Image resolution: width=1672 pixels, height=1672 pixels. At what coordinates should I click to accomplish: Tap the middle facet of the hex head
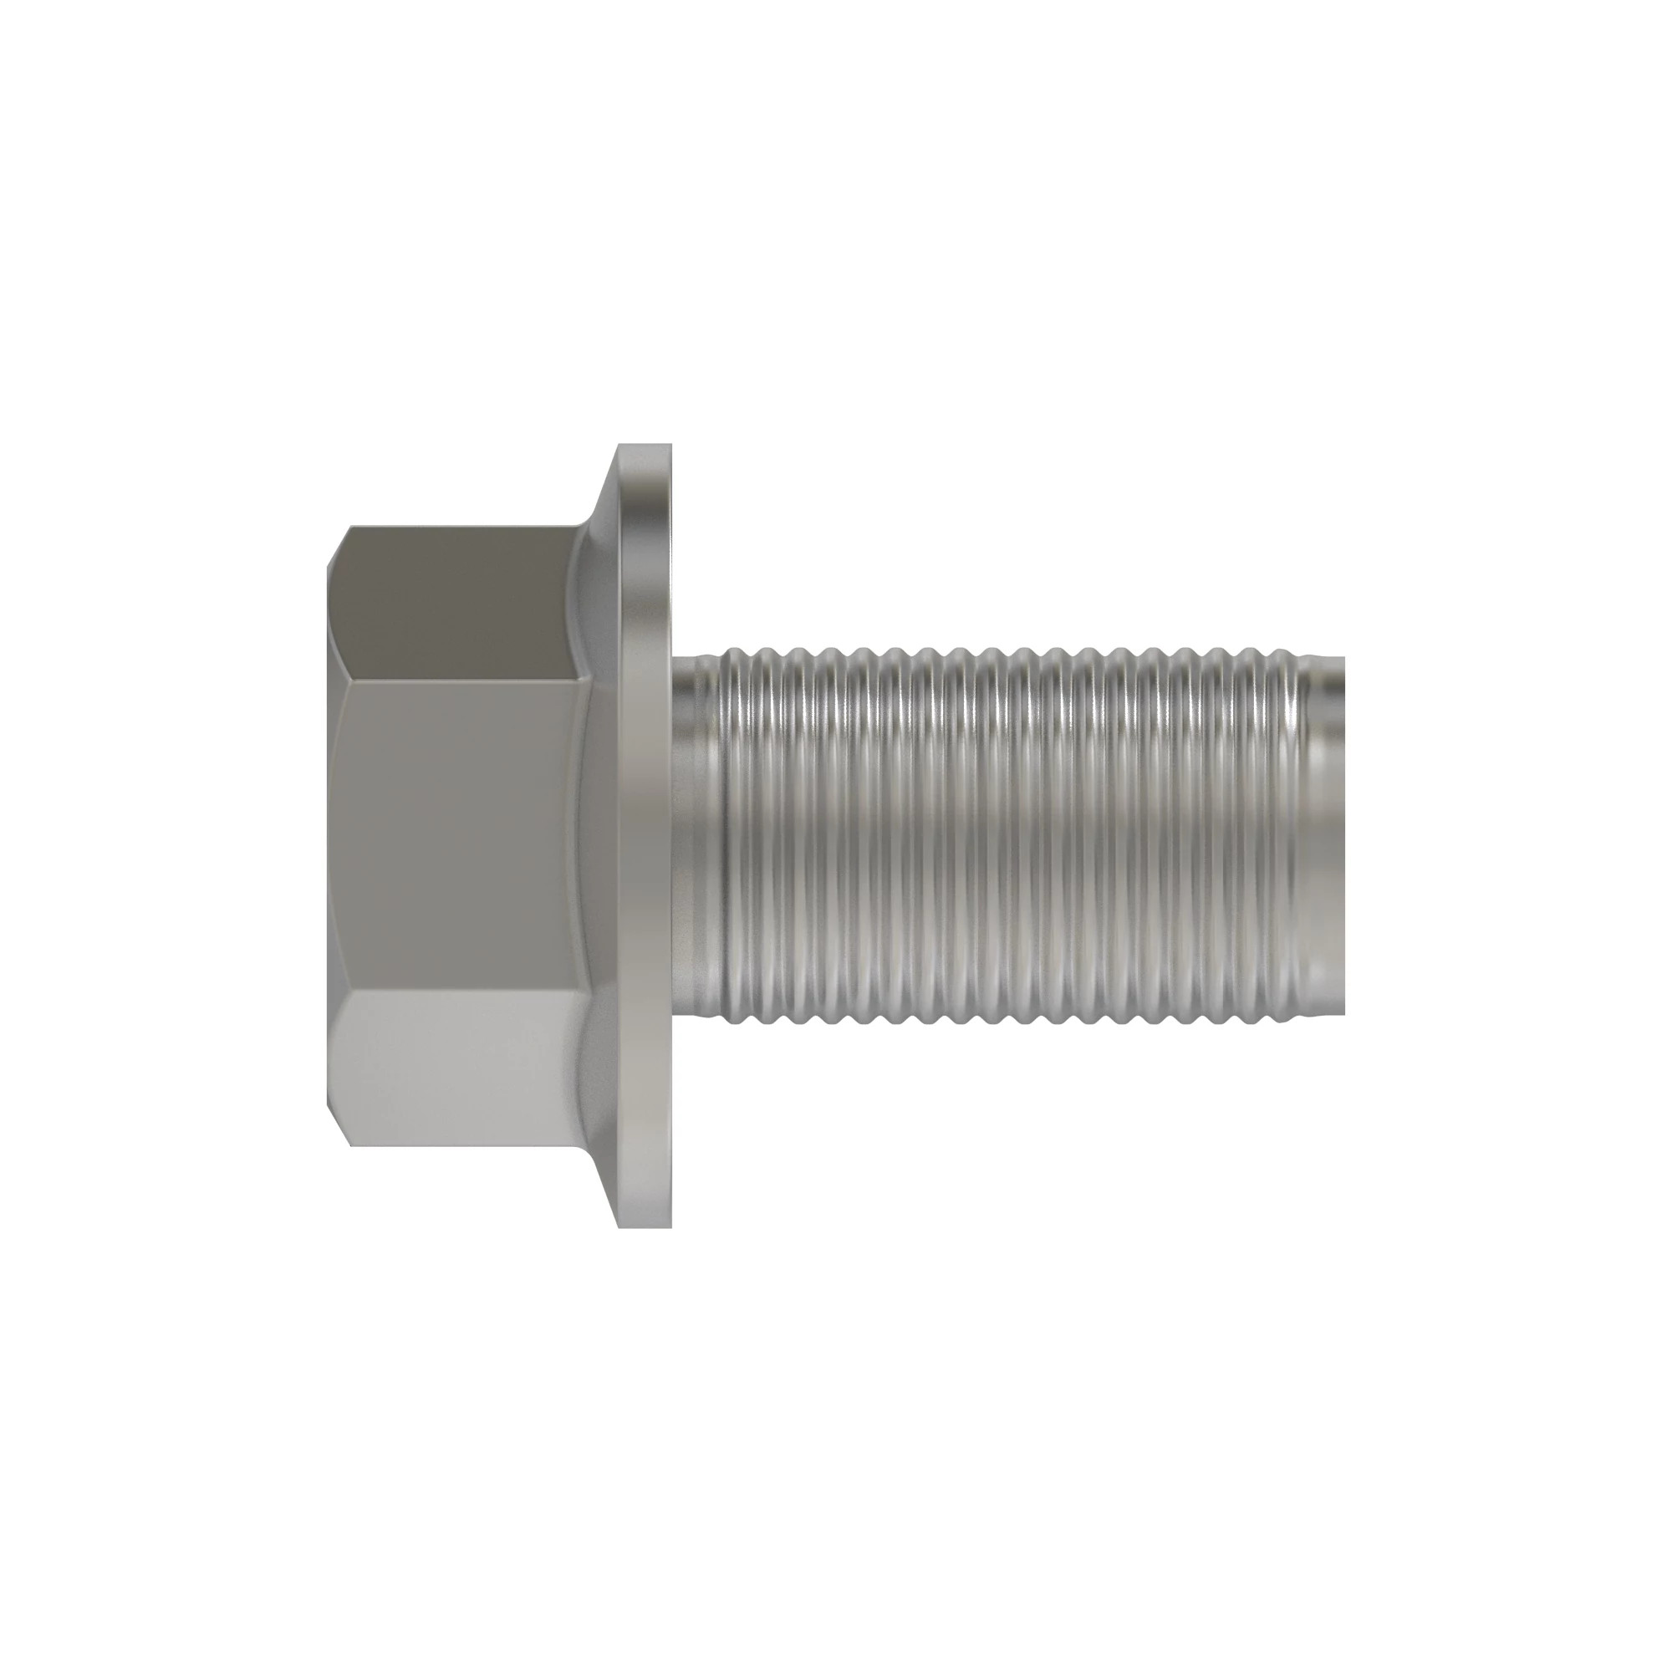coord(459,835)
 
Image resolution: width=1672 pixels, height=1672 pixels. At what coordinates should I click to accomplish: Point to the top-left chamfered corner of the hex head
coord(339,546)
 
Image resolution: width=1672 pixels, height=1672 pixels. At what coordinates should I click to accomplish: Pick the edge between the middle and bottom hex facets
coord(459,991)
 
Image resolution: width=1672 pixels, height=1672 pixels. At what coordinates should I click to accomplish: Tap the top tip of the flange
coord(645,448)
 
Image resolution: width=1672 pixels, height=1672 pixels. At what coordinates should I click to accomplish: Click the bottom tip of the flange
coord(645,1223)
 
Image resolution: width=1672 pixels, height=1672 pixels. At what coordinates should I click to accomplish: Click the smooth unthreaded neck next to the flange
coord(696,835)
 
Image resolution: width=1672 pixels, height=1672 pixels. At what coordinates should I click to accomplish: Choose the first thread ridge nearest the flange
coord(732,835)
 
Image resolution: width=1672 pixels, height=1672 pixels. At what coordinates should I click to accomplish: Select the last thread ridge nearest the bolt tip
coord(1298,835)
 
